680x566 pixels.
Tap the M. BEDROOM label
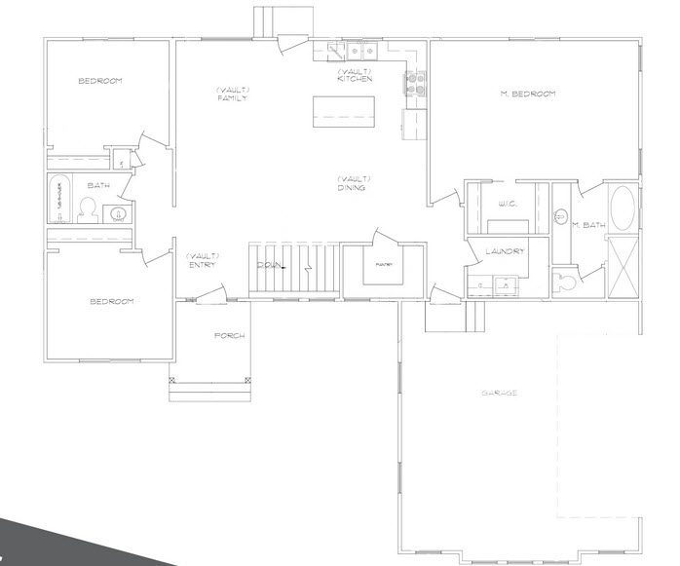(527, 94)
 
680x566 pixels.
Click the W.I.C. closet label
(507, 205)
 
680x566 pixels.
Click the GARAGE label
(499, 394)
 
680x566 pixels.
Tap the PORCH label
(230, 336)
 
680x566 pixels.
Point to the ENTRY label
(200, 264)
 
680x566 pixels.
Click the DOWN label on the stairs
(270, 265)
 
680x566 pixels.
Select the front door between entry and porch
(210, 297)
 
